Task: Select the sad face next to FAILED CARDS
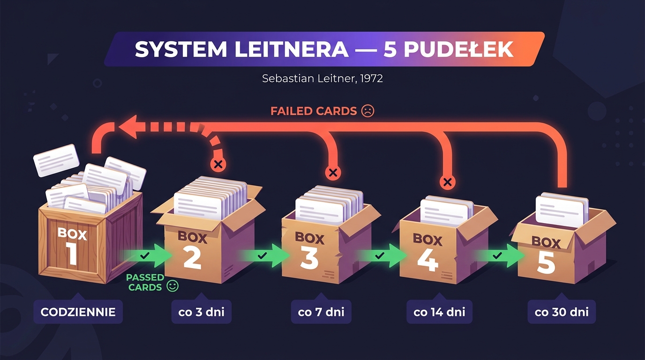[x=368, y=111]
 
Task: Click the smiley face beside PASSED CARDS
[x=173, y=286]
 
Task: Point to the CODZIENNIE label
[x=78, y=312]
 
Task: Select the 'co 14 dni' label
[x=440, y=312]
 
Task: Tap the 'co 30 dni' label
[x=562, y=312]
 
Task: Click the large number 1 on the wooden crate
[x=72, y=254]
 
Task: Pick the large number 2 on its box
[x=192, y=259]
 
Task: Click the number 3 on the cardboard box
[x=309, y=259]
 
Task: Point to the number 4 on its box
[x=427, y=261]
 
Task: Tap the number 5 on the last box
[x=546, y=263]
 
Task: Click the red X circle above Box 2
[x=217, y=164]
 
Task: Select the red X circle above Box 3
[x=333, y=172]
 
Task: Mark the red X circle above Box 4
[x=448, y=182]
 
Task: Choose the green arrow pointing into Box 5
[x=502, y=256]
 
